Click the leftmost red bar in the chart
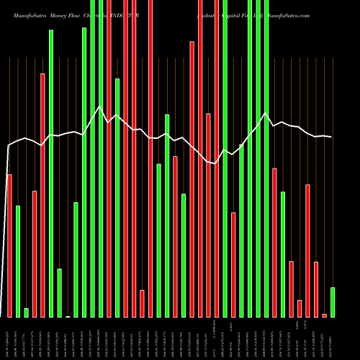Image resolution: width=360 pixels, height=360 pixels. [x=9, y=245]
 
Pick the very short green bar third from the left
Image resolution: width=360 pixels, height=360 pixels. [x=26, y=312]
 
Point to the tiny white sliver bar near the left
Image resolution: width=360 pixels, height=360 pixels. [x=68, y=316]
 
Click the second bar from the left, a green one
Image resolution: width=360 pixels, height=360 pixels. [x=18, y=261]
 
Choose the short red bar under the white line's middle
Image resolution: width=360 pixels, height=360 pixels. [x=142, y=303]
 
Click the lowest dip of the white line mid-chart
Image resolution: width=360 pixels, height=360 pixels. [x=215, y=163]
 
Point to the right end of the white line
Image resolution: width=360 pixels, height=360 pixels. [x=332, y=137]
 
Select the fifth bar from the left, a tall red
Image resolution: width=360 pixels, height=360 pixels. [x=42, y=194]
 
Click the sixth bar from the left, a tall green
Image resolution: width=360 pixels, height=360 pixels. [x=51, y=173]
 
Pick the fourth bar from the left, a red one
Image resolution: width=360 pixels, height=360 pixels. [x=35, y=253]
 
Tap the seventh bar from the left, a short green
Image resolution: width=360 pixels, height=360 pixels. [x=60, y=292]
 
